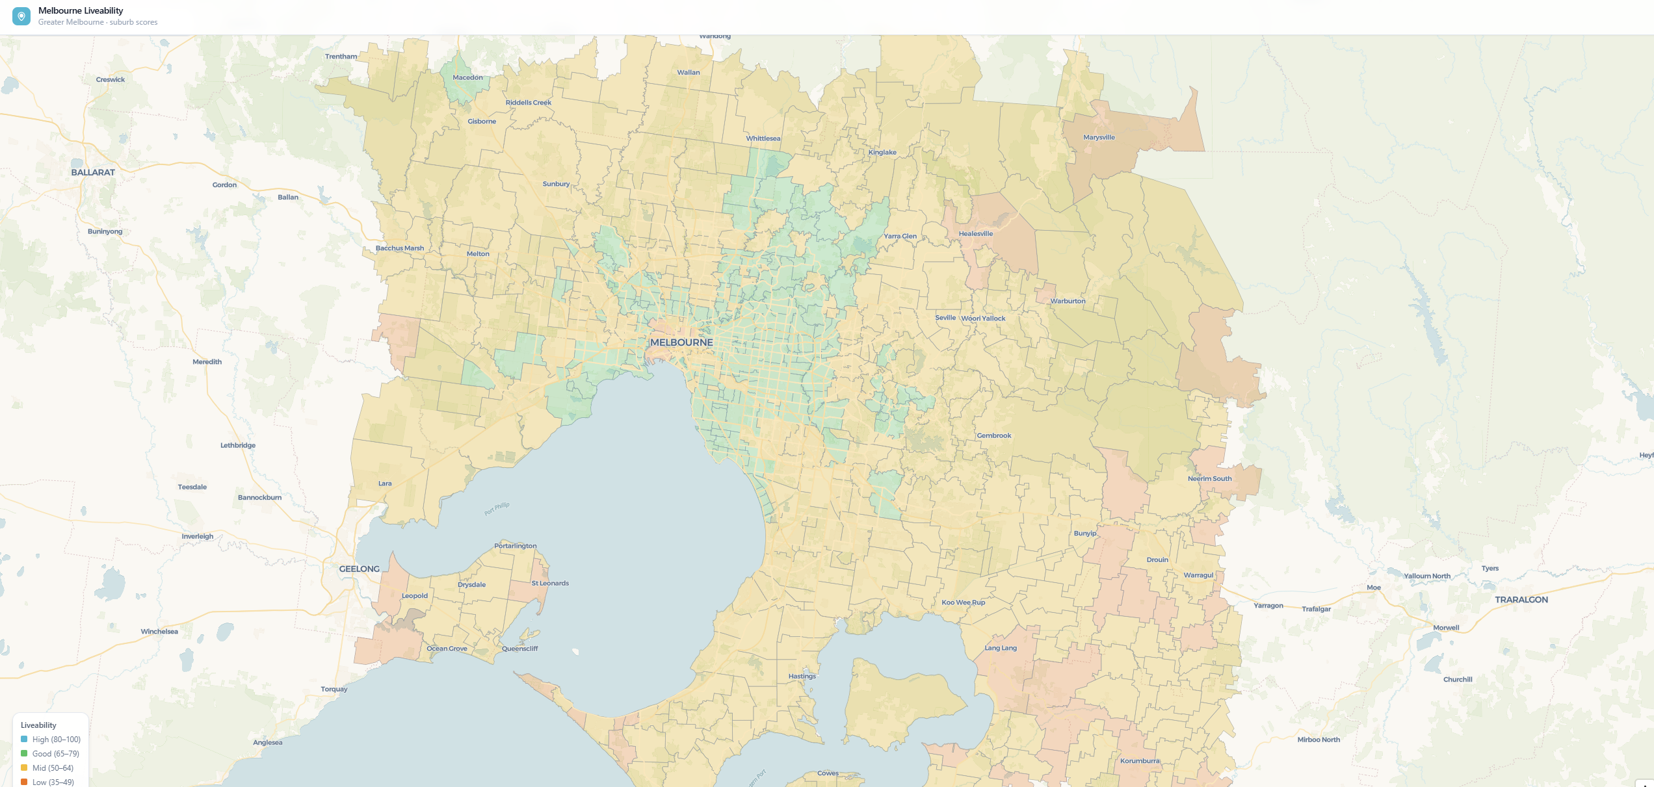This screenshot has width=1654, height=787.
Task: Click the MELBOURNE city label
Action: tap(681, 342)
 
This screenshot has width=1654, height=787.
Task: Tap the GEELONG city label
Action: tap(359, 569)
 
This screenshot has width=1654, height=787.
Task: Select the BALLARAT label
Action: tap(93, 172)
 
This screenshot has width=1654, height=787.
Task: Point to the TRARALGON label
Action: tap(1521, 600)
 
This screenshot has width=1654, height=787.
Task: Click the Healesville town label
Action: tap(975, 234)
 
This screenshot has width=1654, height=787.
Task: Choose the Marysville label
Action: tap(1099, 138)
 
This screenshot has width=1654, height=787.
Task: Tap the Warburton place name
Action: tap(1068, 301)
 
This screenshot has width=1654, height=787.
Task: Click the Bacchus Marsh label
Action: tap(399, 248)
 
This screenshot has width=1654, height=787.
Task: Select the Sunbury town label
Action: tap(556, 184)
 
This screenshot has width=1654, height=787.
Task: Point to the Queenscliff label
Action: tap(519, 649)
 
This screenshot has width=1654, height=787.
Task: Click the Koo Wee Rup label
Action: tap(963, 602)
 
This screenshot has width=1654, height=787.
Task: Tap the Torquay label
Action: tap(334, 689)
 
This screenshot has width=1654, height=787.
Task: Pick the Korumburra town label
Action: tap(1140, 761)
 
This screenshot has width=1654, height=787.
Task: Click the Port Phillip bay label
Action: tap(497, 508)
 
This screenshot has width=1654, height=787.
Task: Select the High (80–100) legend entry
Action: tap(56, 740)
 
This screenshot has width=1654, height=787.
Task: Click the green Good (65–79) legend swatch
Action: tap(24, 753)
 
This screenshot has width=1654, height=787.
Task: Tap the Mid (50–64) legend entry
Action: tap(53, 768)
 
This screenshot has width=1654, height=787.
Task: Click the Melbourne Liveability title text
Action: tap(81, 10)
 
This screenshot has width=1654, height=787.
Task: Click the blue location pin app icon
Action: tap(21, 16)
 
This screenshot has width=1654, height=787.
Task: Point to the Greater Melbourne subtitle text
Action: tap(98, 22)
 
